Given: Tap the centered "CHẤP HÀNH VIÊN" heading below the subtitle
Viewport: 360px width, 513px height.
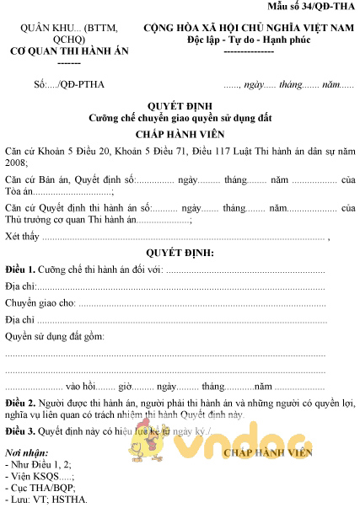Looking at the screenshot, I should coord(179,134).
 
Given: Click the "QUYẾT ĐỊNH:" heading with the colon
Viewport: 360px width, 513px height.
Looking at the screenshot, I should coord(179,253).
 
